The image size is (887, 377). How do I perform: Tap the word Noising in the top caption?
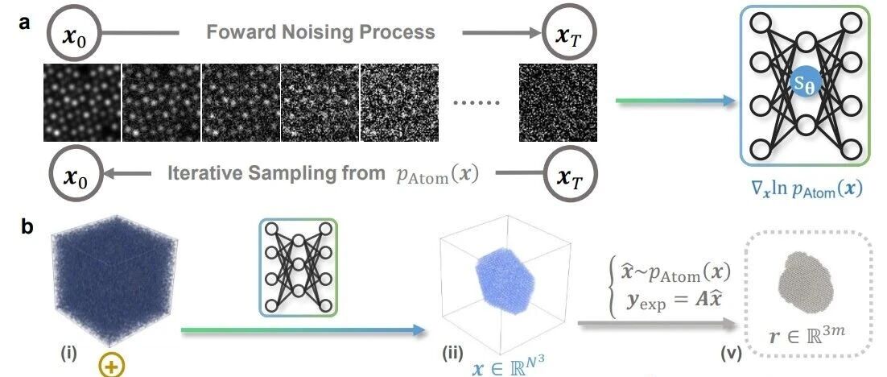324,31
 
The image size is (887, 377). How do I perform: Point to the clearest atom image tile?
83,101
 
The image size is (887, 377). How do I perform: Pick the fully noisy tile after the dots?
558,101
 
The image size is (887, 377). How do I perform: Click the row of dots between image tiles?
478,103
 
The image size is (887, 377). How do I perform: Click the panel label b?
26,227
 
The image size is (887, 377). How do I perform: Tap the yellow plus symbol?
112,367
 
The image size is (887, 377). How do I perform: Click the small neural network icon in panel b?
299,267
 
